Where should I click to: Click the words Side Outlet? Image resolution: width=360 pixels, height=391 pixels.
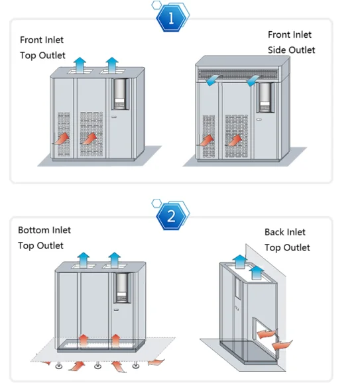(291, 50)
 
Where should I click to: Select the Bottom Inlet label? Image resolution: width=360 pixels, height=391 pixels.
(44, 230)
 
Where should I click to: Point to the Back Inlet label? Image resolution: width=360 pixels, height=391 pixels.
(285, 232)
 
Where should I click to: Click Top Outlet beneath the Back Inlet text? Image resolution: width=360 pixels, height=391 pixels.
(287, 247)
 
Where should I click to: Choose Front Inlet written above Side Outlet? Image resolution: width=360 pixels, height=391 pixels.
(290, 34)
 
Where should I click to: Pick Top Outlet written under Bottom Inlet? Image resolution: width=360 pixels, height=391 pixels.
(41, 245)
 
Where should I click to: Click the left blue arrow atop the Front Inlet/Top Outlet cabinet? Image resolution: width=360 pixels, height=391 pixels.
(80, 64)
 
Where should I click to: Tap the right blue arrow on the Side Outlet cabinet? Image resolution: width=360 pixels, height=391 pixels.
(255, 80)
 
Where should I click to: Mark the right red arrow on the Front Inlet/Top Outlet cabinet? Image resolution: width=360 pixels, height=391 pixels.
(88, 139)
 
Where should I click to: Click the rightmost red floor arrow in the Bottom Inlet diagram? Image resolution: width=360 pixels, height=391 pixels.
(156, 361)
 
